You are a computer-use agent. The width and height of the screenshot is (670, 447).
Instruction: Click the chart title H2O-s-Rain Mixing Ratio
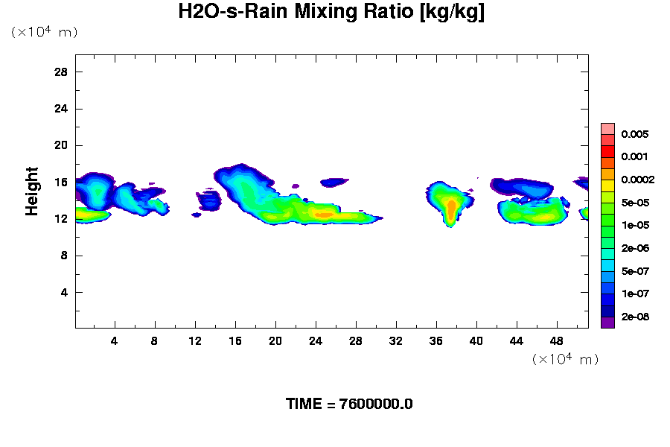point(331,13)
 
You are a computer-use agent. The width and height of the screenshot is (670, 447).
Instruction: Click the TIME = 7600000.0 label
point(349,405)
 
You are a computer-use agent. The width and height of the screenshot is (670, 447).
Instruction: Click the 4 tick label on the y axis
point(65,292)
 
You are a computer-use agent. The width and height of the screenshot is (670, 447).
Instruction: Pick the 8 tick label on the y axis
point(65,256)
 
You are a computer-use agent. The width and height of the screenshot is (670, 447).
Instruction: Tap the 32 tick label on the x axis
point(396,341)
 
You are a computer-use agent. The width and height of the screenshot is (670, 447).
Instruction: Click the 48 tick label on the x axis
point(556,341)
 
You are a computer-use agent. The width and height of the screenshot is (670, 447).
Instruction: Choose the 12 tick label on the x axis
point(195,341)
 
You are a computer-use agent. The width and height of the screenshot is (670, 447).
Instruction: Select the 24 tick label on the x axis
point(316,341)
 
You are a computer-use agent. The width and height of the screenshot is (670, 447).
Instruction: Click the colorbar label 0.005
point(635,135)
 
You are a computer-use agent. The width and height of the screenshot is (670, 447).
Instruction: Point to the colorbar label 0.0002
point(637,180)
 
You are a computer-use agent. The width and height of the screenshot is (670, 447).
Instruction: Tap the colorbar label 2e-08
point(635,317)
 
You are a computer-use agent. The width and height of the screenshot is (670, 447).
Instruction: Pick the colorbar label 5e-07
point(635,271)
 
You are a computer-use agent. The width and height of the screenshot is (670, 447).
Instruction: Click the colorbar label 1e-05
point(635,225)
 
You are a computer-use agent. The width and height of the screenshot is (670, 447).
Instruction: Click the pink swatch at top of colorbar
point(607,128)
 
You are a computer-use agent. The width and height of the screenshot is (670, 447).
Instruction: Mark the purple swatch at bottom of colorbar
point(607,323)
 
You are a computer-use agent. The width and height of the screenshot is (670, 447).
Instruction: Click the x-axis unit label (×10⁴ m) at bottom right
point(565,359)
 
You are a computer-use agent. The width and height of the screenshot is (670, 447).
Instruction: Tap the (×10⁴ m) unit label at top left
point(44,32)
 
